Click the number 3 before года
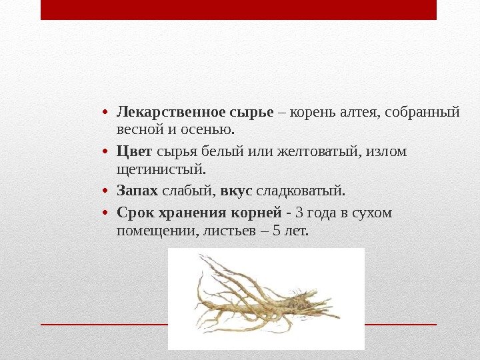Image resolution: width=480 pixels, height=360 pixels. click(x=298, y=214)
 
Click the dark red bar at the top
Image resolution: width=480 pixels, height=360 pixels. click(x=238, y=9)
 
